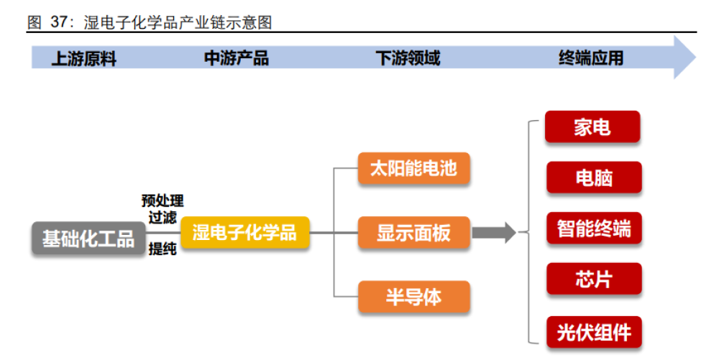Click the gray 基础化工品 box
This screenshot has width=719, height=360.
tap(88, 238)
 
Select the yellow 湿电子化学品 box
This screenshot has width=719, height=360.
tap(245, 233)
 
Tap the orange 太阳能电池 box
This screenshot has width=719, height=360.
tap(413, 169)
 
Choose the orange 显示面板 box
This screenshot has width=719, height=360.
tap(413, 233)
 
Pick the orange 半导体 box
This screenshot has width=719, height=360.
tap(413, 297)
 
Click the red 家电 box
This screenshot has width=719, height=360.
tap(592, 127)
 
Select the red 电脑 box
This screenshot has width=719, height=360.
tap(594, 177)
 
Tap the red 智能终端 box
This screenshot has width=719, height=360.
tap(594, 228)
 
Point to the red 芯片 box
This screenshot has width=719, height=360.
tap(594, 279)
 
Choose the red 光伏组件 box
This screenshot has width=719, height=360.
tap(594, 332)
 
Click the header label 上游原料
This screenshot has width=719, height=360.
tap(84, 59)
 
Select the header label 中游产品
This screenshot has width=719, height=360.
tap(236, 58)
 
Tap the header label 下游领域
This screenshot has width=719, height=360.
tap(408, 58)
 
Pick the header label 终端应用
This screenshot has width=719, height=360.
tap(591, 58)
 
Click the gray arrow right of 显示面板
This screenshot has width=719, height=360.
tap(495, 233)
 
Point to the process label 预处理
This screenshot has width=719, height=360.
tap(162, 200)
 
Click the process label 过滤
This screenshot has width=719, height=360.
tap(162, 217)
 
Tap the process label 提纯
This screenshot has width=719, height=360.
tap(162, 249)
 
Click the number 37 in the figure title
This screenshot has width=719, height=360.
tap(59, 22)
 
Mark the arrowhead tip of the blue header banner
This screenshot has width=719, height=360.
tap(696, 57)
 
